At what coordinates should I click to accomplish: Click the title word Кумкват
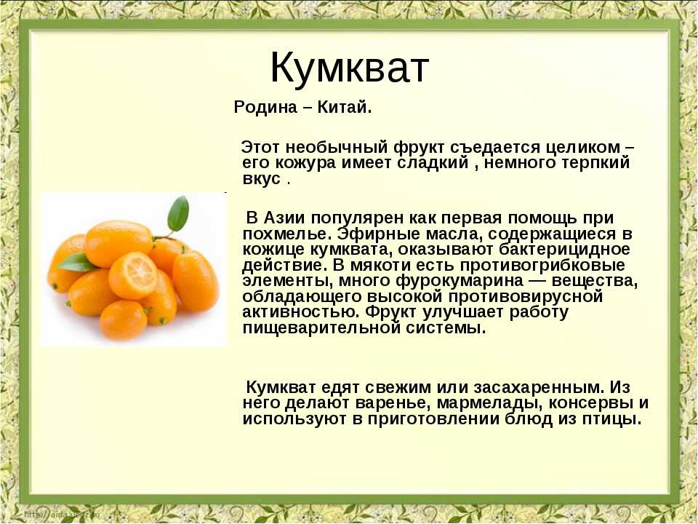point(350,68)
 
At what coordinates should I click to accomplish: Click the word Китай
point(344,108)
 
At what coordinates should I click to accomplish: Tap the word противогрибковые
point(542,266)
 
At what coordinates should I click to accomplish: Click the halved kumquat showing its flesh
point(133,275)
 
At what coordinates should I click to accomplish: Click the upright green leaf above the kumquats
point(178,213)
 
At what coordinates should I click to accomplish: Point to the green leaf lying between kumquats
point(79,262)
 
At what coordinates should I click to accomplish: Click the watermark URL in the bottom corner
point(63,515)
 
